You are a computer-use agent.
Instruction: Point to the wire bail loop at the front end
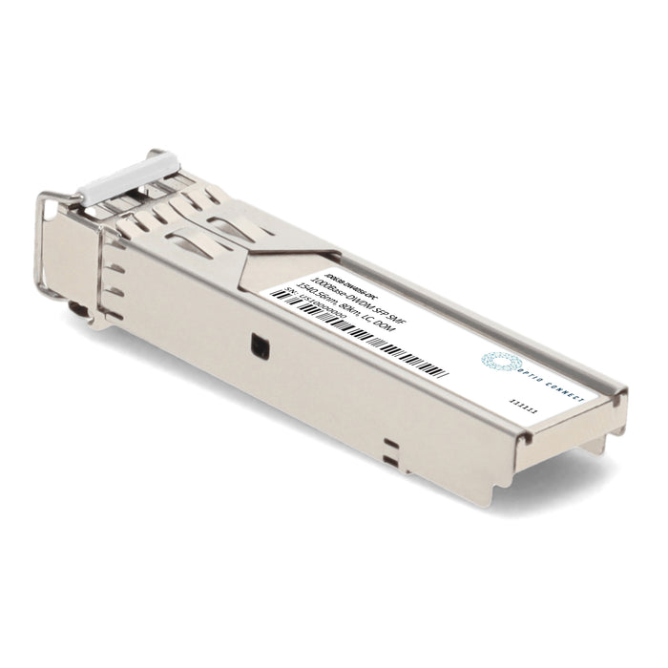click(x=43, y=239)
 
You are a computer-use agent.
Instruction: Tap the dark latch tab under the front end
click(x=73, y=309)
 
